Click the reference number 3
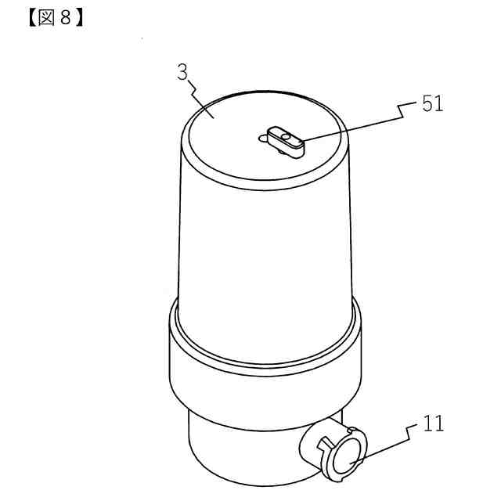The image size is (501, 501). [x=182, y=72]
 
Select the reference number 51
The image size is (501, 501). [x=433, y=103]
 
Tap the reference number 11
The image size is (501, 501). [x=433, y=424]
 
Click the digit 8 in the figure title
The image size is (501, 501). [x=65, y=17]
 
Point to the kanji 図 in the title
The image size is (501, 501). [x=46, y=17]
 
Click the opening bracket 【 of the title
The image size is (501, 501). [x=32, y=18]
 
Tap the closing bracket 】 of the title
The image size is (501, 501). [x=78, y=18]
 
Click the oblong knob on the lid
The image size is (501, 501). [x=286, y=142]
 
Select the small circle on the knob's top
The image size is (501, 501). [x=287, y=137]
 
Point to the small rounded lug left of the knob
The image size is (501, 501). [x=263, y=139]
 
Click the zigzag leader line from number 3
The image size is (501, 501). [x=201, y=99]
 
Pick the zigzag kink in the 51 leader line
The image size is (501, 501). [x=401, y=111]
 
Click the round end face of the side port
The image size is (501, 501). [x=347, y=455]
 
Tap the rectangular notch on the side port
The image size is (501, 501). [x=324, y=444]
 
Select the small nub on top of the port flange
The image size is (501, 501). [x=351, y=430]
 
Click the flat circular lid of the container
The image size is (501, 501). [x=265, y=137]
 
